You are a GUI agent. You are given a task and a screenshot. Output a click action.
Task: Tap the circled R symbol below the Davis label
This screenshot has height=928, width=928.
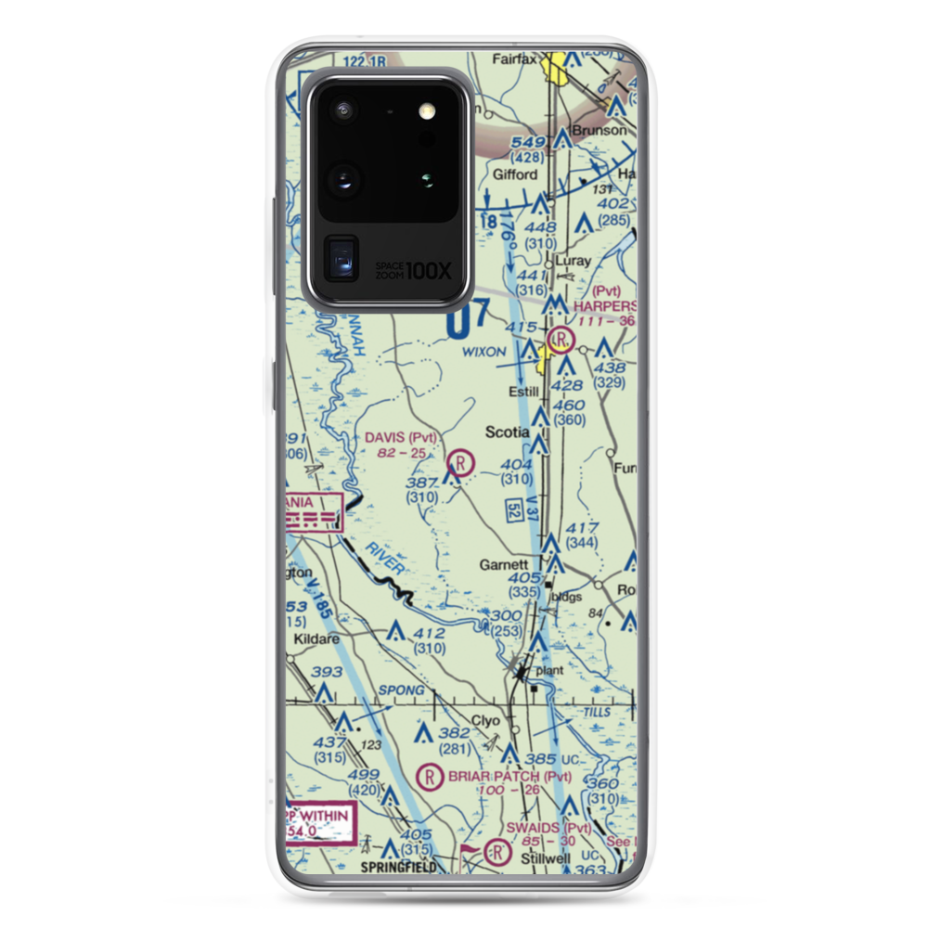pyautogui.click(x=461, y=460)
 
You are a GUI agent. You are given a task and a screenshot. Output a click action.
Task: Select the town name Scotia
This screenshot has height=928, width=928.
pyautogui.click(x=509, y=432)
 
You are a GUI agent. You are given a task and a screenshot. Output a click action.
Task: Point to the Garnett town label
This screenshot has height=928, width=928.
pyautogui.click(x=504, y=564)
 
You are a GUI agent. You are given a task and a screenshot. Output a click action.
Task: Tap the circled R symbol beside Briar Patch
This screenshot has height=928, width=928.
pyautogui.click(x=430, y=776)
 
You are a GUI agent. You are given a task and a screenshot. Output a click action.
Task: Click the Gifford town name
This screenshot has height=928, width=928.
pyautogui.click(x=515, y=174)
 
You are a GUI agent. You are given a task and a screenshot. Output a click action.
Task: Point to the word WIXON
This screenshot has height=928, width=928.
pyautogui.click(x=484, y=353)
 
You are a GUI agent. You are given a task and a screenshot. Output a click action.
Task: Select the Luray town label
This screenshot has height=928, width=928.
pyautogui.click(x=572, y=261)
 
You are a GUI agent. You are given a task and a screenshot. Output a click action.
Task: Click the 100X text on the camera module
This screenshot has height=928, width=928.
pyautogui.click(x=430, y=271)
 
